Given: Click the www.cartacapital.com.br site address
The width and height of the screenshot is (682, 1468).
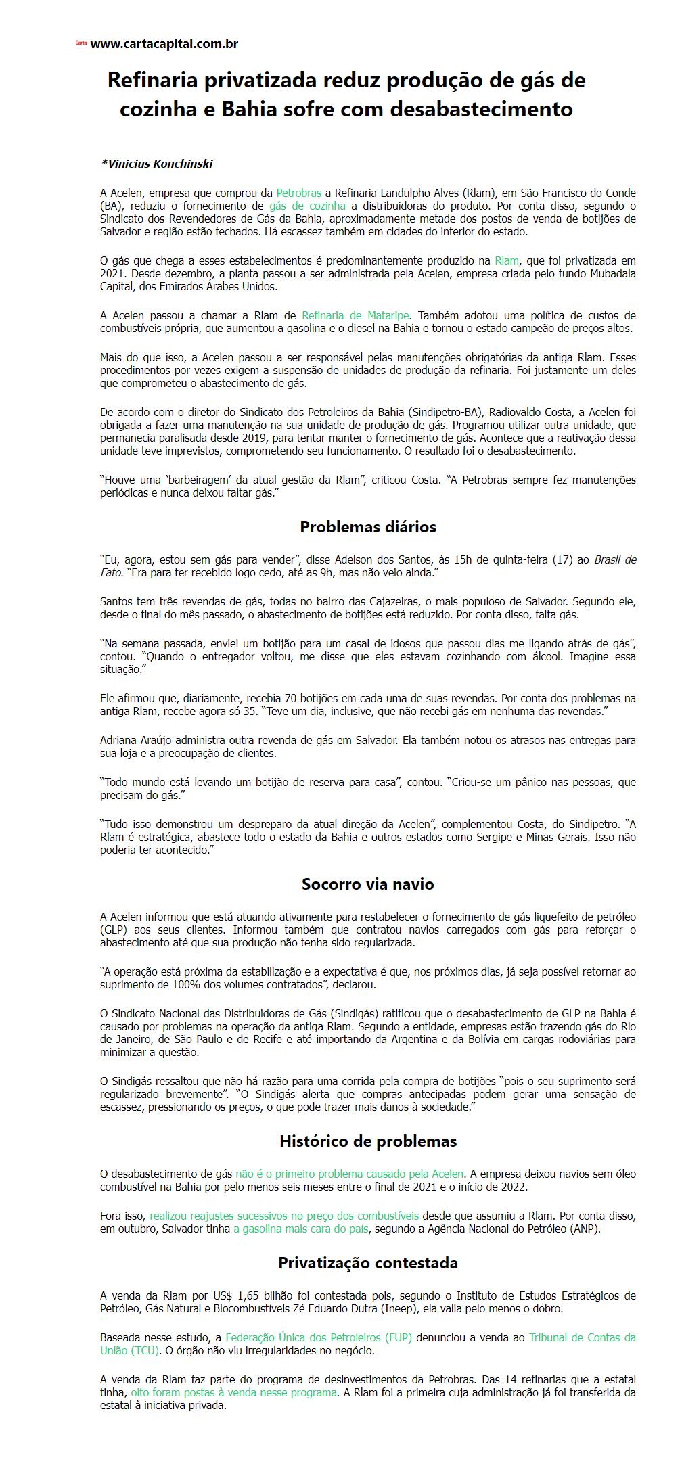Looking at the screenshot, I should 164,44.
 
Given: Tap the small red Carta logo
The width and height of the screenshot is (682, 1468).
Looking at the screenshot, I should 81,43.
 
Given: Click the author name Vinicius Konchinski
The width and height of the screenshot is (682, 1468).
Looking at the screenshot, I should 158,164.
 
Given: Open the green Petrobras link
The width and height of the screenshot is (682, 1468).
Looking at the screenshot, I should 298,193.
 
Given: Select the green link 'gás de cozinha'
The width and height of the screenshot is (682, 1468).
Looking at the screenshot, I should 307,206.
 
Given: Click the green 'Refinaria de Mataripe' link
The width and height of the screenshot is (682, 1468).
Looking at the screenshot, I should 355,315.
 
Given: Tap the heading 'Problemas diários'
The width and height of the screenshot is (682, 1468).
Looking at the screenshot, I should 368,526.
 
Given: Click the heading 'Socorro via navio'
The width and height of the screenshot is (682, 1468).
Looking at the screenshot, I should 368,884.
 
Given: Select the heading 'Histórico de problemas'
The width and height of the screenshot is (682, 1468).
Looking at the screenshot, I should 368,1141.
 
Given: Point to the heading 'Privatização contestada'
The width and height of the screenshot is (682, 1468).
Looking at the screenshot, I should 368,1262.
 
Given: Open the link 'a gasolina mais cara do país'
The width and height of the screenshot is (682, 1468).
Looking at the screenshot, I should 301,1229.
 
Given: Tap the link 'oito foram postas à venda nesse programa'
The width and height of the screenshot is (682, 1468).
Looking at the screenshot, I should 233,1392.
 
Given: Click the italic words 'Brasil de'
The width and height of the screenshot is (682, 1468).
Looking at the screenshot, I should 615,559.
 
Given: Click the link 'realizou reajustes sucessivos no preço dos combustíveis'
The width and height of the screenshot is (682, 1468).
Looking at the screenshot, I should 284,1216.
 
